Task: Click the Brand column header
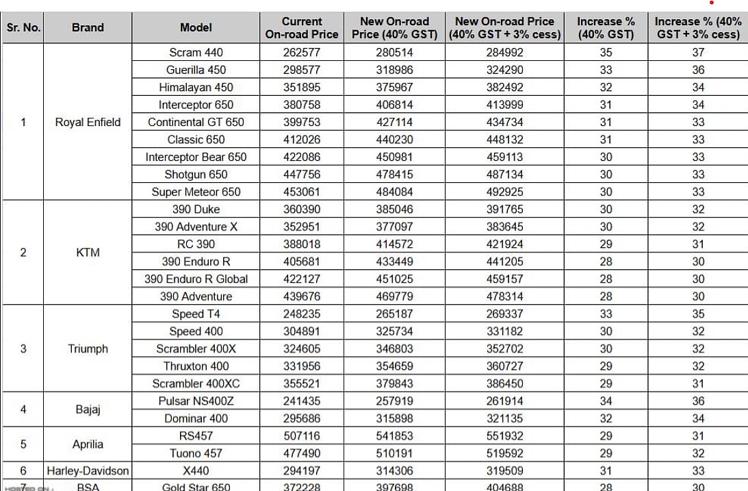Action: click(x=88, y=27)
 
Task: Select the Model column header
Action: click(x=196, y=27)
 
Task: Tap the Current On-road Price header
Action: click(x=302, y=27)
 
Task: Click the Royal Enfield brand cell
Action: click(x=88, y=122)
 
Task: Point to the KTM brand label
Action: click(x=88, y=252)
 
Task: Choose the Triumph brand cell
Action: click(x=88, y=349)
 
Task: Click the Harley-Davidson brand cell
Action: click(x=88, y=470)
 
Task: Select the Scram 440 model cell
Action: click(x=196, y=52)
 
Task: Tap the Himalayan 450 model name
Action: click(x=196, y=87)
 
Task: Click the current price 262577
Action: click(x=302, y=52)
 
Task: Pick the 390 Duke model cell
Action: click(x=196, y=209)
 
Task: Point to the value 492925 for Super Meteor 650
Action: click(x=504, y=192)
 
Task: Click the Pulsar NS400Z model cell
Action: click(x=196, y=401)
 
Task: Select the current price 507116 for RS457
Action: click(x=302, y=436)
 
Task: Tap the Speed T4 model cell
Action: click(x=196, y=314)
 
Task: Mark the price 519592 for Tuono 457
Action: click(x=504, y=453)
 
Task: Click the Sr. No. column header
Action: click(x=23, y=27)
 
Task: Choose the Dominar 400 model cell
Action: click(x=196, y=418)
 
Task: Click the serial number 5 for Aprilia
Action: click(x=23, y=444)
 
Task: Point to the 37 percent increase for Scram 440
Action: click(x=697, y=52)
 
